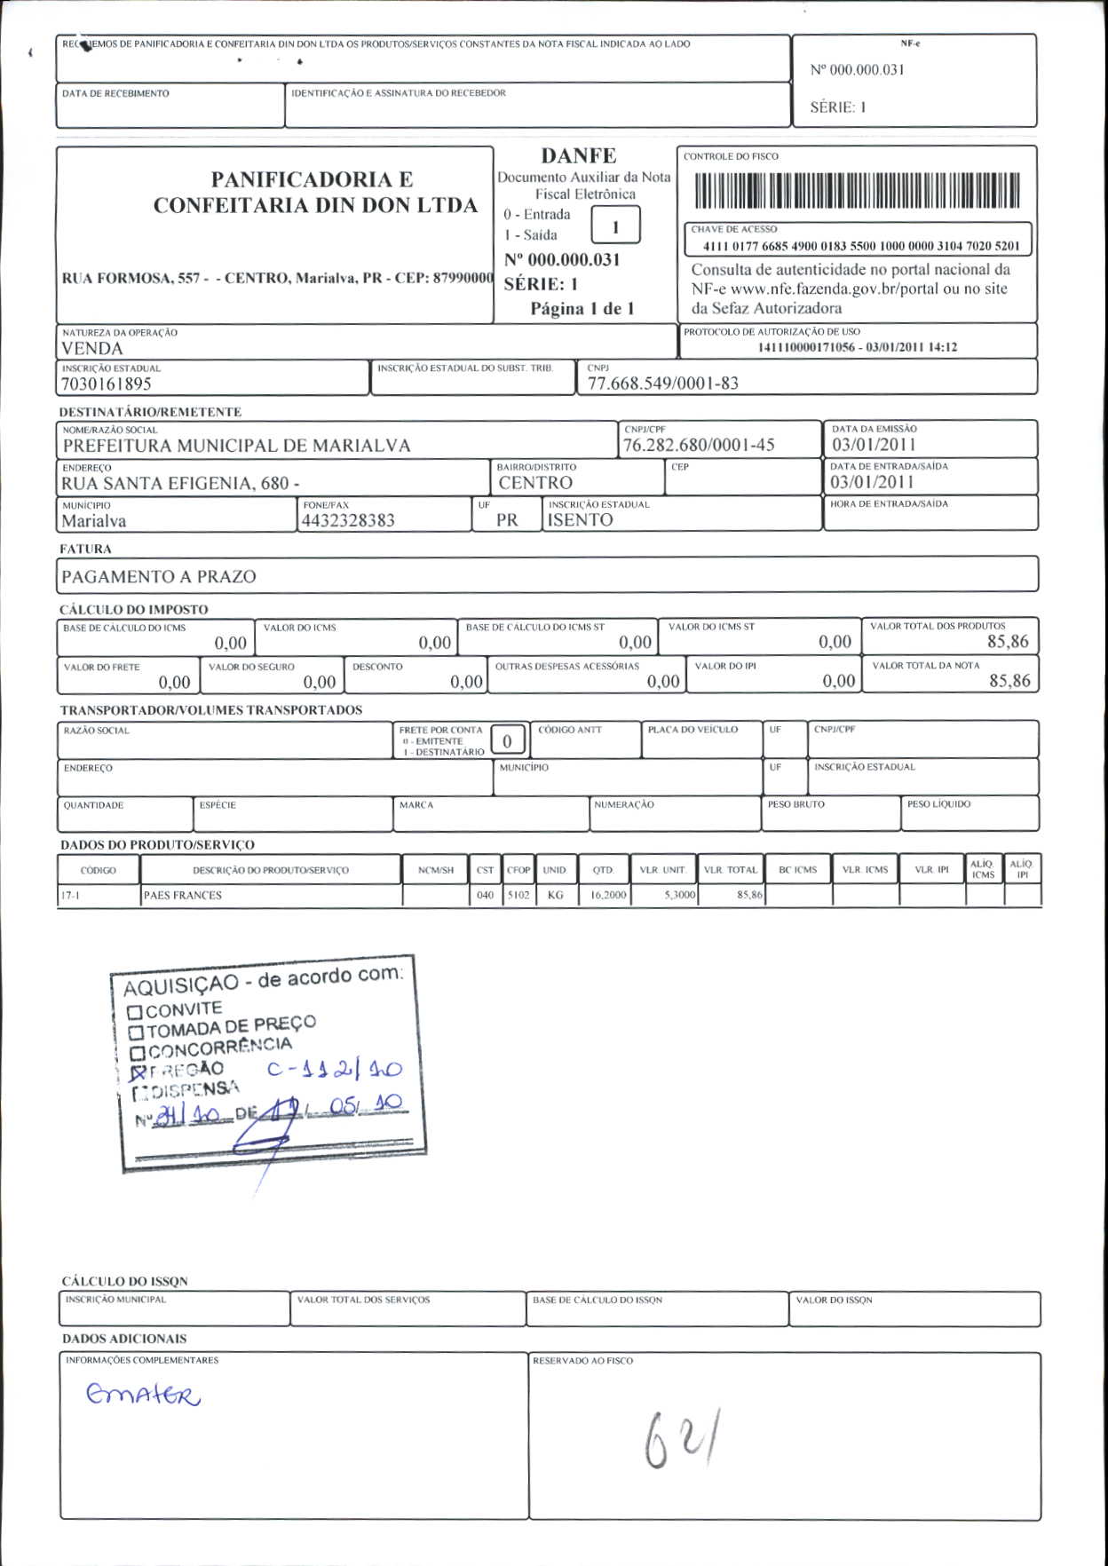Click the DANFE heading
(578, 155)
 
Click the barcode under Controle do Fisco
(857, 189)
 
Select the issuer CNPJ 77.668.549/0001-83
(662, 384)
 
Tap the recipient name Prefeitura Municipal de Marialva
(236, 446)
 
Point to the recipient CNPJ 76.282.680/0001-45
(699, 445)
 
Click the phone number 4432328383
(348, 520)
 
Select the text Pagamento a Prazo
(159, 576)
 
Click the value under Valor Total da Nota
(1009, 681)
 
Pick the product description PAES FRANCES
(183, 895)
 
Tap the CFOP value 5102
(518, 895)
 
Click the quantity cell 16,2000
(608, 895)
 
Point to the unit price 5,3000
(679, 895)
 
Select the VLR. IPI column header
(931, 870)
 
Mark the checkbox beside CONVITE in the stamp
(134, 1012)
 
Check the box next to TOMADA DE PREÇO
(136, 1032)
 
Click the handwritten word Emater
(143, 1395)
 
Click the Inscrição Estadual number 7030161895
(107, 384)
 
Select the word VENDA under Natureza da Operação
(91, 348)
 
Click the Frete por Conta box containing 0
(507, 740)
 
